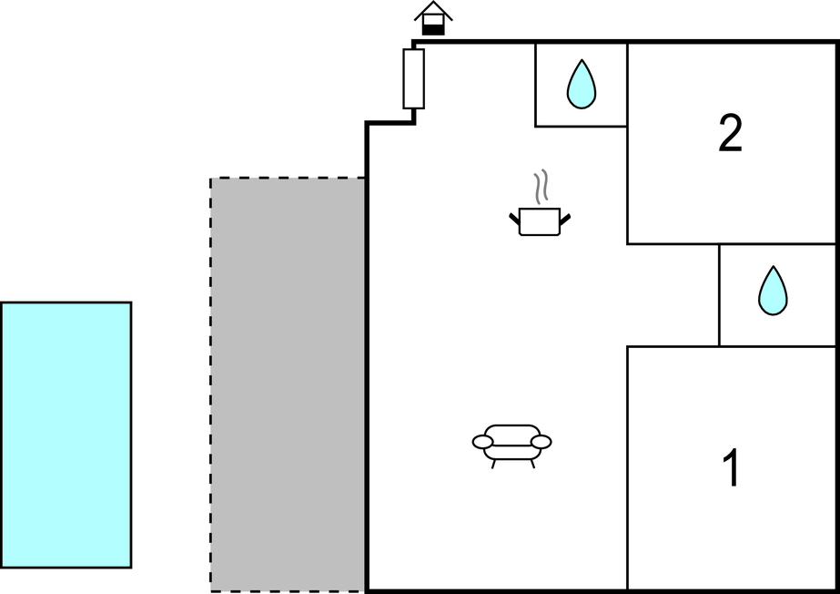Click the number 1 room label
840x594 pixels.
pyautogui.click(x=730, y=469)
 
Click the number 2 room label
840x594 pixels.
pyautogui.click(x=730, y=134)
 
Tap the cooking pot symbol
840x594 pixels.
pyautogui.click(x=539, y=221)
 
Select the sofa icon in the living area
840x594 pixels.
pyautogui.click(x=511, y=443)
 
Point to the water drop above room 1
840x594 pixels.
pyautogui.click(x=773, y=291)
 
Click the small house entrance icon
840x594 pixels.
pyautogui.click(x=433, y=19)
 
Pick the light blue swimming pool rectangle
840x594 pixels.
pyautogui.click(x=66, y=435)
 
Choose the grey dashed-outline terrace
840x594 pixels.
pyautogui.click(x=288, y=384)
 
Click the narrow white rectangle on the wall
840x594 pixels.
pyautogui.click(x=413, y=79)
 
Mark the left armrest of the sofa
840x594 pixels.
pyautogui.click(x=482, y=442)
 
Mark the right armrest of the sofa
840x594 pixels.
pyautogui.click(x=541, y=442)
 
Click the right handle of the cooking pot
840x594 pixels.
pyautogui.click(x=565, y=218)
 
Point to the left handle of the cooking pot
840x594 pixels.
pyautogui.click(x=514, y=218)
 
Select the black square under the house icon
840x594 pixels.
pyautogui.click(x=433, y=29)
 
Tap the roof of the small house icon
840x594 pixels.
pyautogui.click(x=433, y=11)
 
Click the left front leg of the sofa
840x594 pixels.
pyautogui.click(x=494, y=464)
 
